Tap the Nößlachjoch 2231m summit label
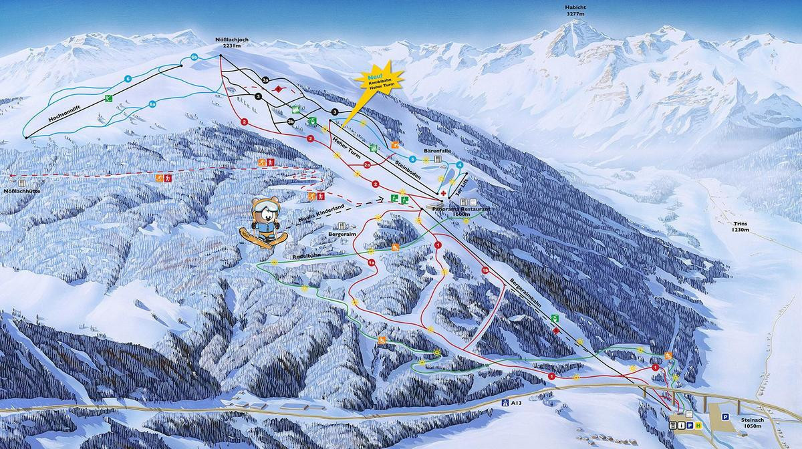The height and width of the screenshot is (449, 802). coord(231,43)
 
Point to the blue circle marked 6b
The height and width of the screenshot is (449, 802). coord(194,57)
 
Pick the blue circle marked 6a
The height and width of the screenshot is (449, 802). coord(152,104)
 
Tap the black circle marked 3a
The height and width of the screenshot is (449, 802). coord(265,80)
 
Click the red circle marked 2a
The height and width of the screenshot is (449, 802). coord(367,164)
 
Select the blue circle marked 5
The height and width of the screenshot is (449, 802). coord(413,159)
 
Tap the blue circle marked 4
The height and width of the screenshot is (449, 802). coord(460,164)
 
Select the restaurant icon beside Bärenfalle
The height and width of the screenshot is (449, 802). coord(438,160)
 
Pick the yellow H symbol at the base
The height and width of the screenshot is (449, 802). coord(698,426)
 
